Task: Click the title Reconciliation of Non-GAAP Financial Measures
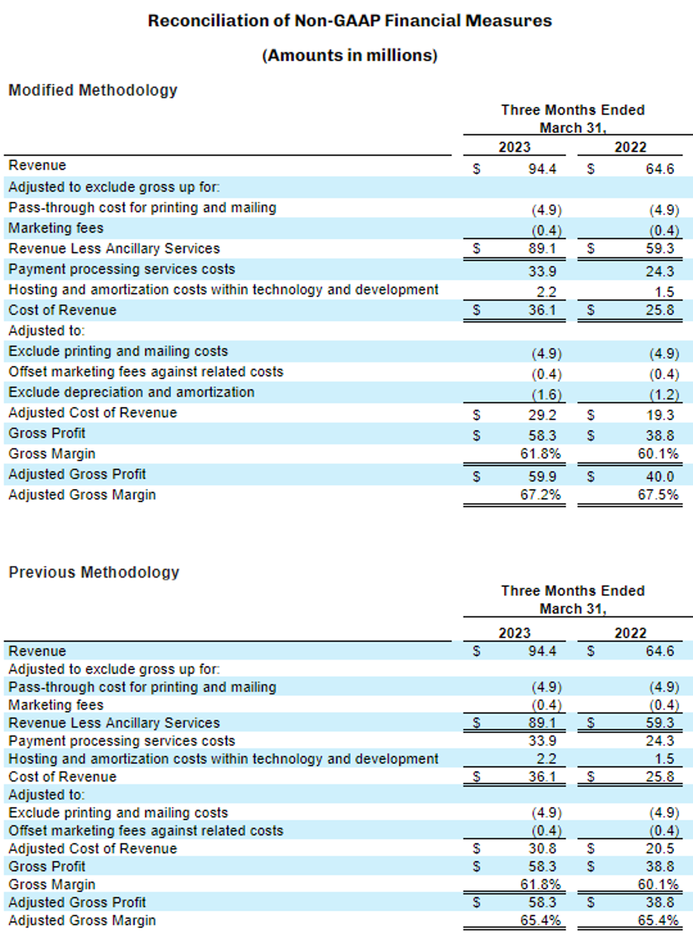pos(349,21)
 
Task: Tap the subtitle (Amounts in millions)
pos(349,55)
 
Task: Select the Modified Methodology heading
pos(92,90)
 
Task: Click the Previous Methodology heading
pos(94,572)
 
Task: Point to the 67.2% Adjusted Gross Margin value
pos(540,495)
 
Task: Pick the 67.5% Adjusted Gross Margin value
pos(658,495)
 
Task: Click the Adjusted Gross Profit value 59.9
pos(542,476)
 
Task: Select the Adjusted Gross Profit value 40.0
pos(660,476)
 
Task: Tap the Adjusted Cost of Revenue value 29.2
pos(542,415)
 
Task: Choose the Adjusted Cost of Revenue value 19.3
pos(660,415)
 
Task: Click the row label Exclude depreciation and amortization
pos(132,392)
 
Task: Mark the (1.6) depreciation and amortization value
pos(546,395)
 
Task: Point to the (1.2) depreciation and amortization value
pos(664,395)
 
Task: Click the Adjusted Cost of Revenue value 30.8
pos(542,848)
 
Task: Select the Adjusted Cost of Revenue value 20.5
pos(660,848)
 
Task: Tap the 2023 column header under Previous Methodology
pos(514,633)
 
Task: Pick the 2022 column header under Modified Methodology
pos(630,147)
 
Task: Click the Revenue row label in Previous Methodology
pos(37,651)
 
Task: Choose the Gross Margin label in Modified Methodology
pos(52,454)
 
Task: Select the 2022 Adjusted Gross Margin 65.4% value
pos(658,920)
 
